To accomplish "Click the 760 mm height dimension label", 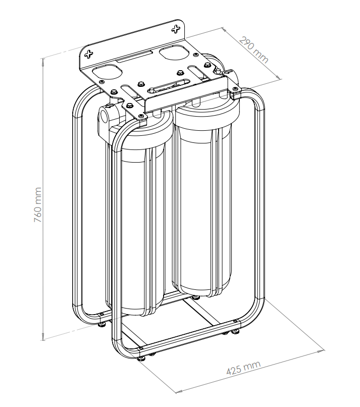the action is tap(38, 205).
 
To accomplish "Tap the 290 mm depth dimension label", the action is tap(253, 50).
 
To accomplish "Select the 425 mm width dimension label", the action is tap(243, 368).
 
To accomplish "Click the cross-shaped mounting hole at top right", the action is tap(176, 29).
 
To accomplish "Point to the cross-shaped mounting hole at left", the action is tap(89, 54).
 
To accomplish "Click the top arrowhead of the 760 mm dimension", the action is tap(43, 61).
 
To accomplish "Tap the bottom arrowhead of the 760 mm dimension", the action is tap(43, 337).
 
